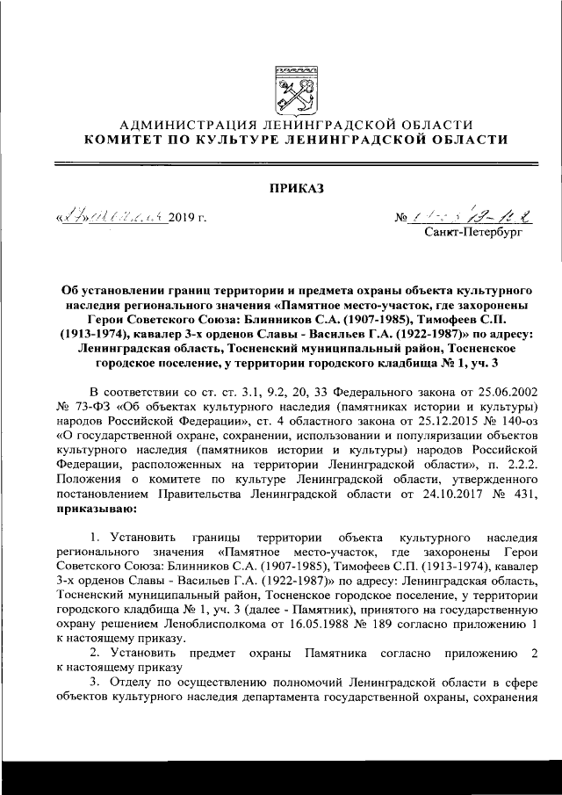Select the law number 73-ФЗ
[x=95, y=408]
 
